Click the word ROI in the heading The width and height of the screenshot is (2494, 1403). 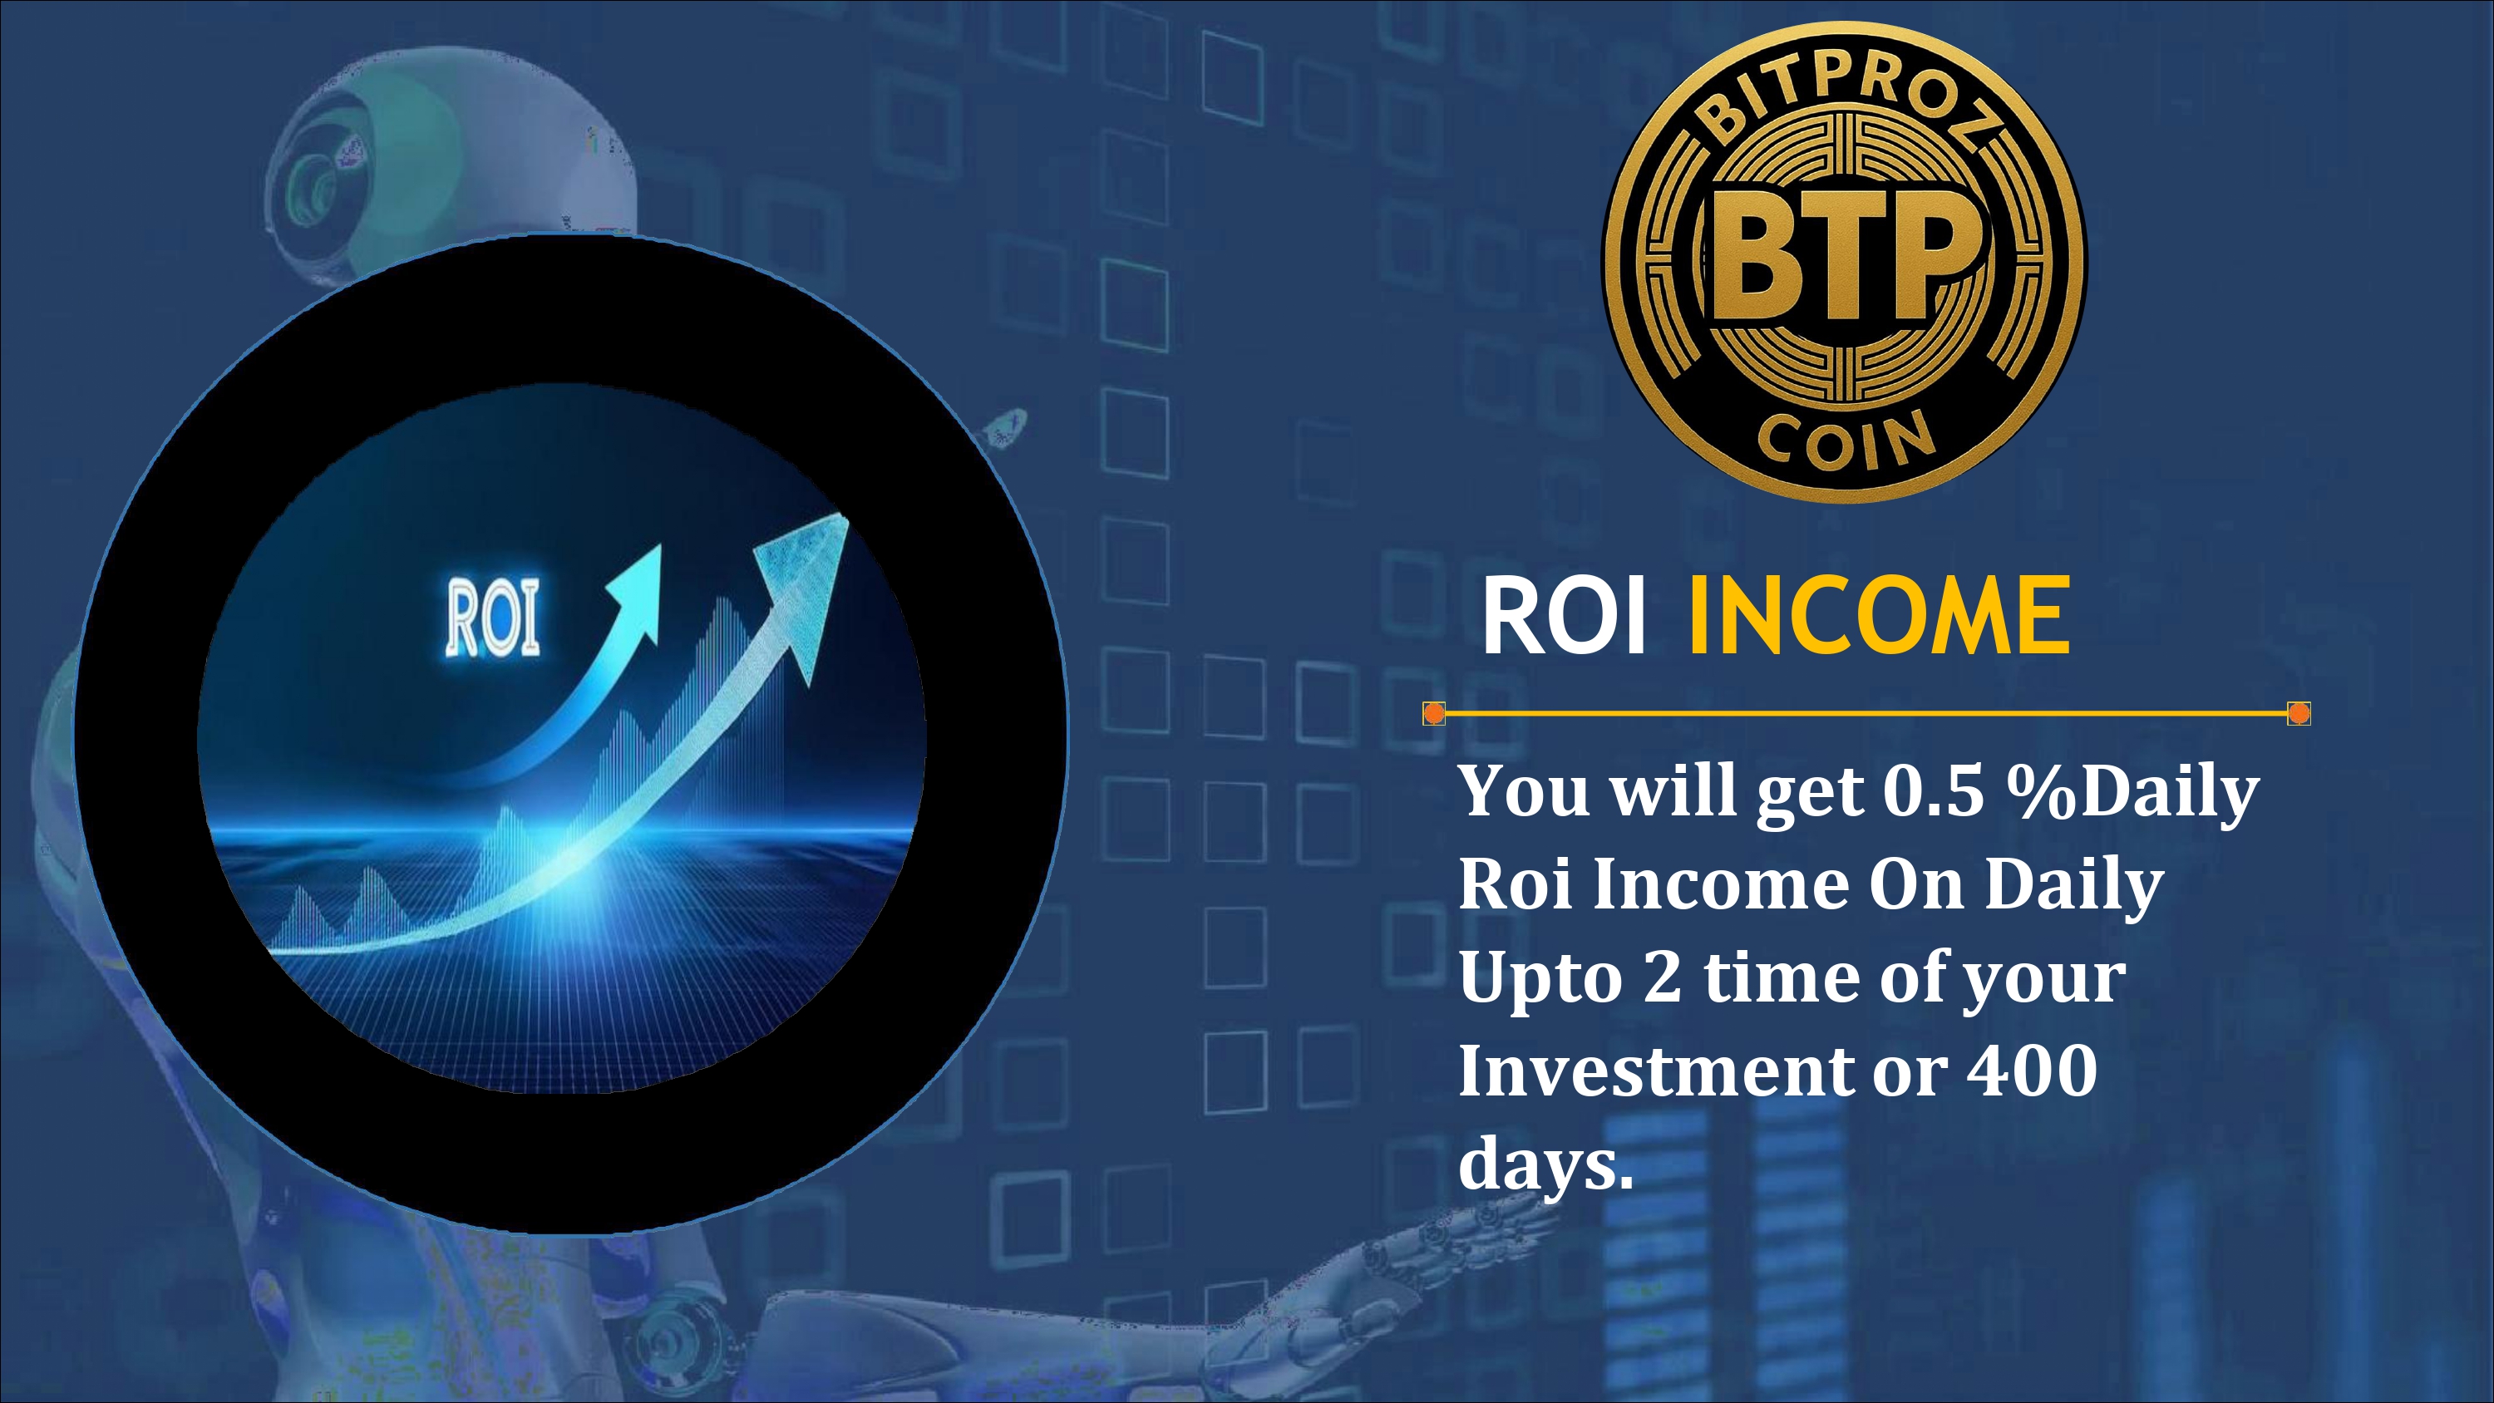pyautogui.click(x=1564, y=616)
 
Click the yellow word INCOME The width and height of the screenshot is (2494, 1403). pyautogui.click(x=1879, y=616)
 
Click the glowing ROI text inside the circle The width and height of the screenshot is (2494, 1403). pyautogui.click(x=492, y=618)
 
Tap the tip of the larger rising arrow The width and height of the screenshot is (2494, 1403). pyautogui.click(x=848, y=518)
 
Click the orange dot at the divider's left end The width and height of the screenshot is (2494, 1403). pyautogui.click(x=1434, y=714)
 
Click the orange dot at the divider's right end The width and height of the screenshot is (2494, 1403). pyautogui.click(x=2299, y=714)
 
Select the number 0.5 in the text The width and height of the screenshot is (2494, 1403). pyautogui.click(x=1934, y=791)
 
